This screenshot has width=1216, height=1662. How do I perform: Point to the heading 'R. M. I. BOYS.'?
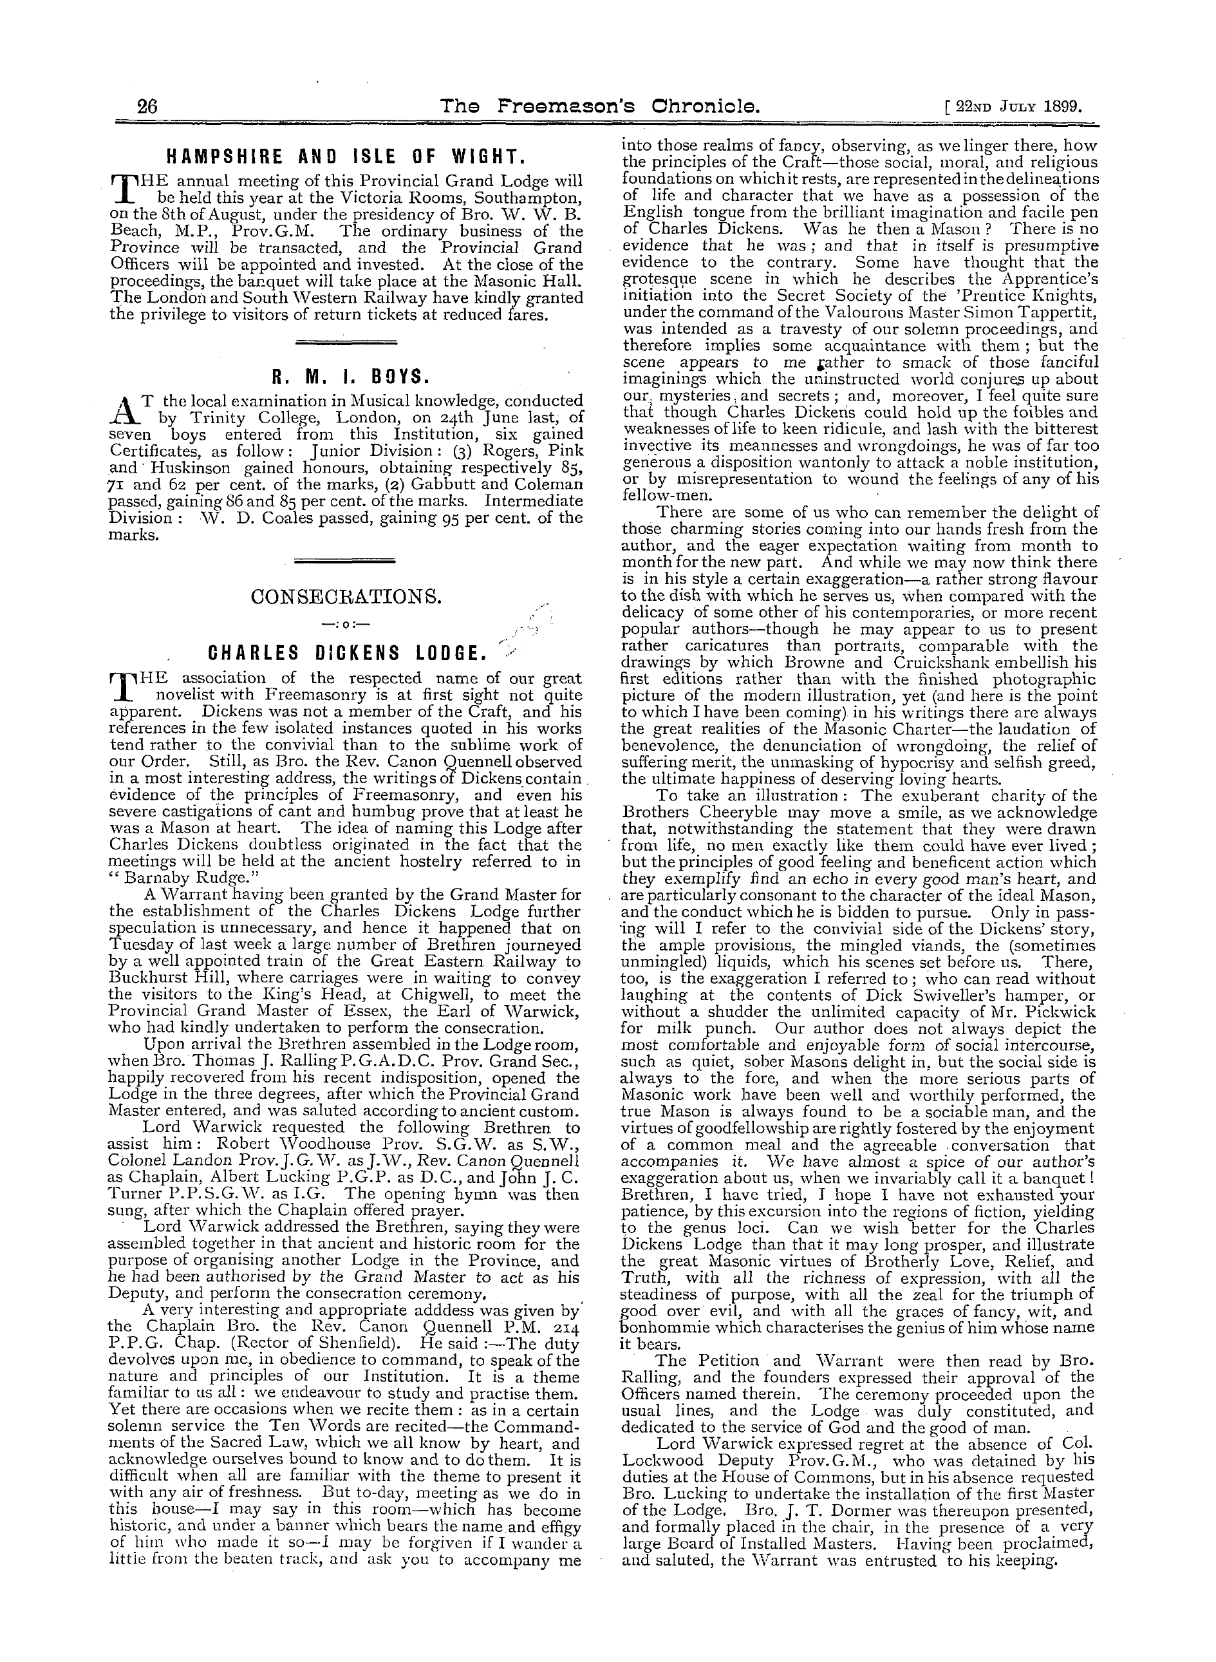pyautogui.click(x=345, y=377)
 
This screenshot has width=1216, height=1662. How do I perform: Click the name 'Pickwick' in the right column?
pyautogui.click(x=1063, y=1012)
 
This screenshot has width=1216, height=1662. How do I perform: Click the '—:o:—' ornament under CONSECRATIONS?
pyautogui.click(x=345, y=625)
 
